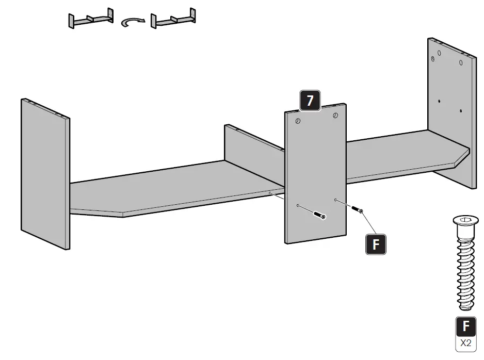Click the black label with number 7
310,101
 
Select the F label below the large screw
466,326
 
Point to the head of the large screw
466,222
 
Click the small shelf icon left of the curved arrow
91,19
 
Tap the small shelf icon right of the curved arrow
173,19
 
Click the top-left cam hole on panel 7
298,121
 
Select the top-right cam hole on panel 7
335,116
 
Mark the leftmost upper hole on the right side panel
439,53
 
